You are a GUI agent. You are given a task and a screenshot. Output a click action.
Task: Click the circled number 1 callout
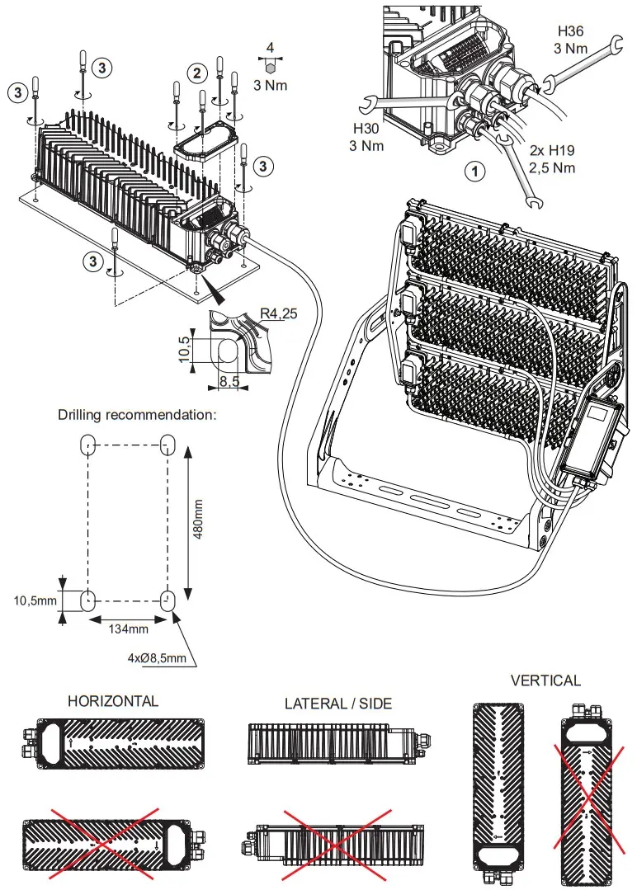click(474, 172)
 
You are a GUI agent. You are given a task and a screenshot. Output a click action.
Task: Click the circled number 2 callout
click(196, 73)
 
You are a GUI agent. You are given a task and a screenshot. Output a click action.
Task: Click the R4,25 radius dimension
click(277, 314)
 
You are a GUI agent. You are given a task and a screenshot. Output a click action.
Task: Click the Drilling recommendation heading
click(137, 414)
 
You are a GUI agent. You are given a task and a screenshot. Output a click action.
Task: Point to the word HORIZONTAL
click(113, 701)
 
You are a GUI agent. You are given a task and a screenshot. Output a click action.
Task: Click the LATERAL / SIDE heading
click(338, 704)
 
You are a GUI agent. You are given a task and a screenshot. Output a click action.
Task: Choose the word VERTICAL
click(545, 680)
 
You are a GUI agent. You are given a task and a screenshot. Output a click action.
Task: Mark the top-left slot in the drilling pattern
click(88, 445)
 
